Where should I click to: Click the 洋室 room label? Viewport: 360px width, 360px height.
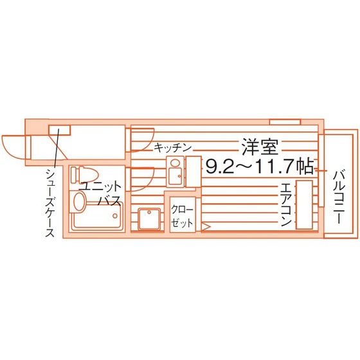click(260, 147)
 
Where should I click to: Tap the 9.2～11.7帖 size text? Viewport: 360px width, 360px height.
click(260, 166)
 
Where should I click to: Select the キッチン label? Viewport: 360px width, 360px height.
click(172, 148)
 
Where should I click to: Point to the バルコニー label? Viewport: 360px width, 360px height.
click(339, 197)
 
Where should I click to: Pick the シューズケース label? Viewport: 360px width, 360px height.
click(50, 203)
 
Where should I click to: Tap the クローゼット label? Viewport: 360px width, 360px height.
click(183, 216)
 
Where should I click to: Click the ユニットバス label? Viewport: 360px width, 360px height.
click(100, 194)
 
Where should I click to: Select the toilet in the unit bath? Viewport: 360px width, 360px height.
click(84, 175)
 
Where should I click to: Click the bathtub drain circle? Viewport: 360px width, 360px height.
click(115, 216)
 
